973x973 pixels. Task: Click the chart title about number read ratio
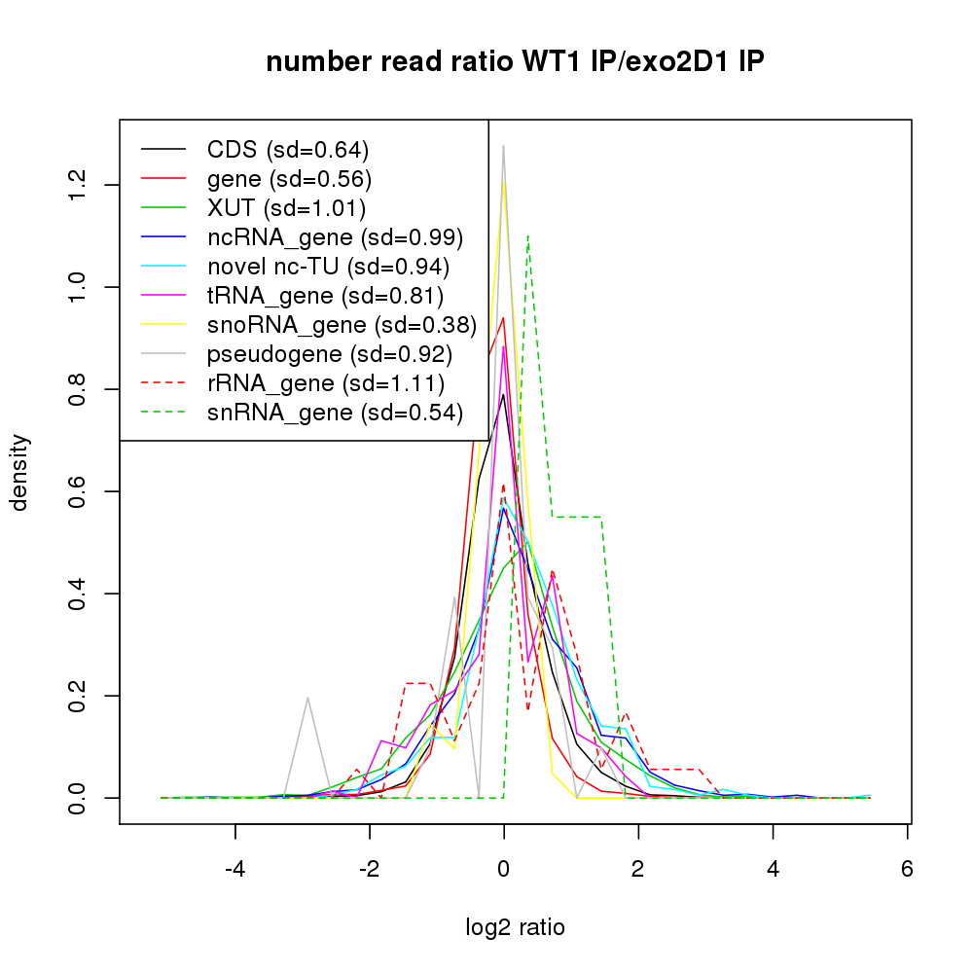click(x=515, y=62)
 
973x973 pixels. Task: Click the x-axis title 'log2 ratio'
click(x=515, y=927)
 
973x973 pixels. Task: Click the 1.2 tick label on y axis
click(x=77, y=185)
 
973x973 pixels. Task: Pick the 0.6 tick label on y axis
click(x=77, y=491)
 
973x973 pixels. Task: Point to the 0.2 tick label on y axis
click(x=77, y=696)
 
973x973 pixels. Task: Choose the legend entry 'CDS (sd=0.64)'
click(x=288, y=150)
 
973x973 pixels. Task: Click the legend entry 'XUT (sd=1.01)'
click(x=286, y=208)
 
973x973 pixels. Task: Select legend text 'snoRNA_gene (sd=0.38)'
click(x=342, y=325)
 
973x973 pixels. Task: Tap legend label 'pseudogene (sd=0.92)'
click(x=330, y=354)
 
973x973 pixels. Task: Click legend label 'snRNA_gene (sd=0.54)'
click(x=333, y=413)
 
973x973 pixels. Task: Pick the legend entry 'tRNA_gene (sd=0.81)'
click(x=325, y=296)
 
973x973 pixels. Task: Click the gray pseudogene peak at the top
click(x=503, y=147)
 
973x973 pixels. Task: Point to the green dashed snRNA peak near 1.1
click(x=527, y=235)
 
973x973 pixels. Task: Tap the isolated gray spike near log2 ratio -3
click(x=307, y=698)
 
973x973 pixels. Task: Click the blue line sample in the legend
click(x=163, y=237)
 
